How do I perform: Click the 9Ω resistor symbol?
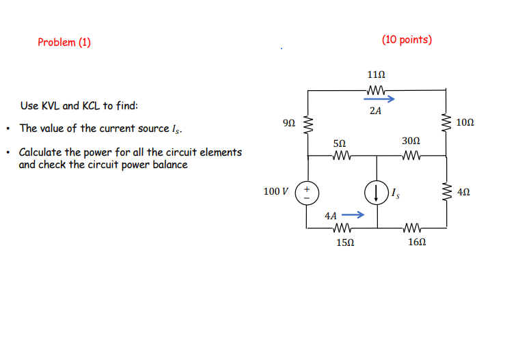[308, 124]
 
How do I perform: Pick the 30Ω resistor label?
[411, 141]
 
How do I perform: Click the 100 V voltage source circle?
[308, 192]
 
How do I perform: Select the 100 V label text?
[276, 191]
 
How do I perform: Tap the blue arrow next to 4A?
[352, 215]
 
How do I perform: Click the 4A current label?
[331, 215]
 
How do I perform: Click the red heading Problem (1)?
[64, 42]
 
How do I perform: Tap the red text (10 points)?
[407, 40]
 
